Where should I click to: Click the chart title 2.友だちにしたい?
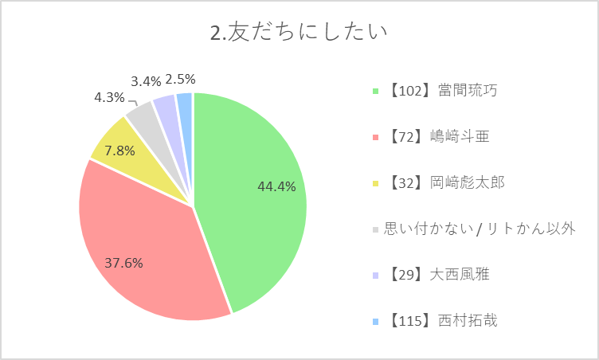pyautogui.click(x=299, y=32)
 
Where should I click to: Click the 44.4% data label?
pyautogui.click(x=276, y=186)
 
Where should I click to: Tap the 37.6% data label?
pyautogui.click(x=123, y=263)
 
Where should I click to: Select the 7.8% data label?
pyautogui.click(x=119, y=151)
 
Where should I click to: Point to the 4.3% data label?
pyautogui.click(x=109, y=98)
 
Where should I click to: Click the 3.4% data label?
pyautogui.click(x=146, y=81)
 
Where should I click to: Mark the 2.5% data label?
pyautogui.click(x=180, y=80)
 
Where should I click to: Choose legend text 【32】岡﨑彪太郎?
pyautogui.click(x=445, y=182)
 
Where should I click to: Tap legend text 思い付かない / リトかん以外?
pyautogui.click(x=480, y=229)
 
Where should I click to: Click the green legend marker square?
pyautogui.click(x=375, y=92)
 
